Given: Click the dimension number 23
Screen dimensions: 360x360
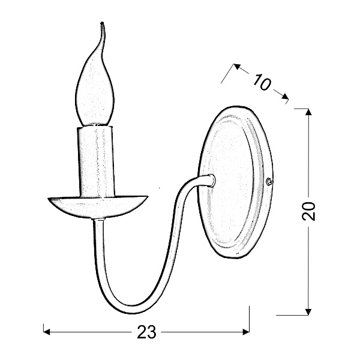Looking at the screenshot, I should pos(146,332).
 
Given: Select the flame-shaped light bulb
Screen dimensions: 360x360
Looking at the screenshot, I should pos(95,90).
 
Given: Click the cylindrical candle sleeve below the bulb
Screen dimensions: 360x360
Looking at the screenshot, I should pos(96,160).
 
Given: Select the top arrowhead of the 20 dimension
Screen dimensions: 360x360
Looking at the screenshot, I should pos(308,112).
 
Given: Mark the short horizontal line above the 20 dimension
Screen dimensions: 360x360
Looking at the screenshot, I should pos(302,109).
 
